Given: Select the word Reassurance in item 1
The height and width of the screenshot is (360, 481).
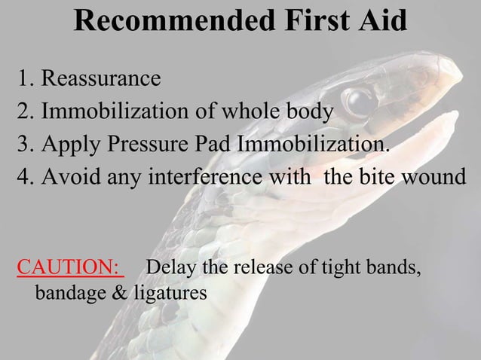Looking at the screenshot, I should tap(100, 78).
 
